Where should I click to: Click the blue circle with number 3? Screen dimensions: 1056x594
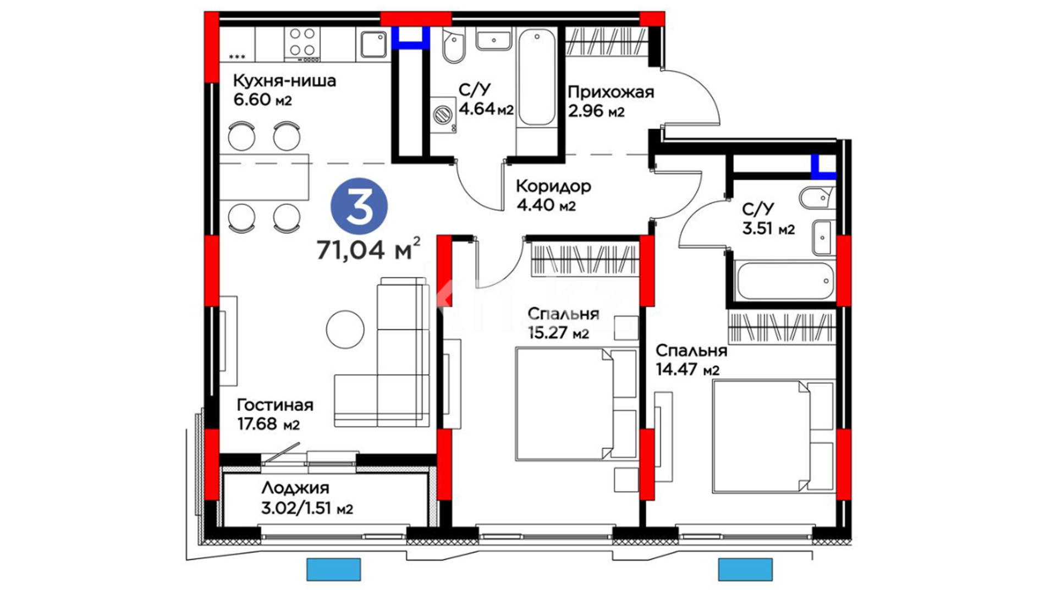[359, 206]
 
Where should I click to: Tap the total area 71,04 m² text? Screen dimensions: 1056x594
[369, 250]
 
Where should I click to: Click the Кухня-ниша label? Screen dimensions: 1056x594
[284, 81]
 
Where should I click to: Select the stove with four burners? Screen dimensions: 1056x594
[302, 44]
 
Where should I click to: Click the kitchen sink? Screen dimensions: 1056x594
[373, 44]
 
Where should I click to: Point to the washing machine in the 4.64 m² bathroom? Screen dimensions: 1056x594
[443, 115]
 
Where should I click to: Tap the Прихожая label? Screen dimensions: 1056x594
[611, 92]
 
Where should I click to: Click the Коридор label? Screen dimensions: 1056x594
[553, 186]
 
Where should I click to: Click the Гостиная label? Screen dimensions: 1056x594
[275, 405]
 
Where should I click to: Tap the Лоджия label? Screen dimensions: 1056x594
[295, 488]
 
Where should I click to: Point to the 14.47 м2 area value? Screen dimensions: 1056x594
[687, 370]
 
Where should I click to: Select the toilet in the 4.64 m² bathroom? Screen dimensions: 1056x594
[454, 48]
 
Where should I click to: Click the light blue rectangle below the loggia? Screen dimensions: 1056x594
[333, 569]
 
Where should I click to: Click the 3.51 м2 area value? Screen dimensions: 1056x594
[768, 228]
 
